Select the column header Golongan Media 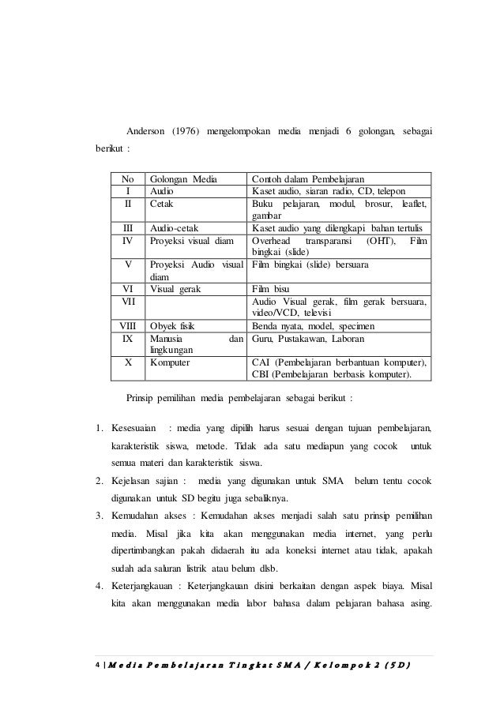coord(183,178)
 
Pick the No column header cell coord(128,178)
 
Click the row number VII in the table coord(128,301)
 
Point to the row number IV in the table coord(128,240)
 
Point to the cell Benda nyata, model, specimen coord(314,325)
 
